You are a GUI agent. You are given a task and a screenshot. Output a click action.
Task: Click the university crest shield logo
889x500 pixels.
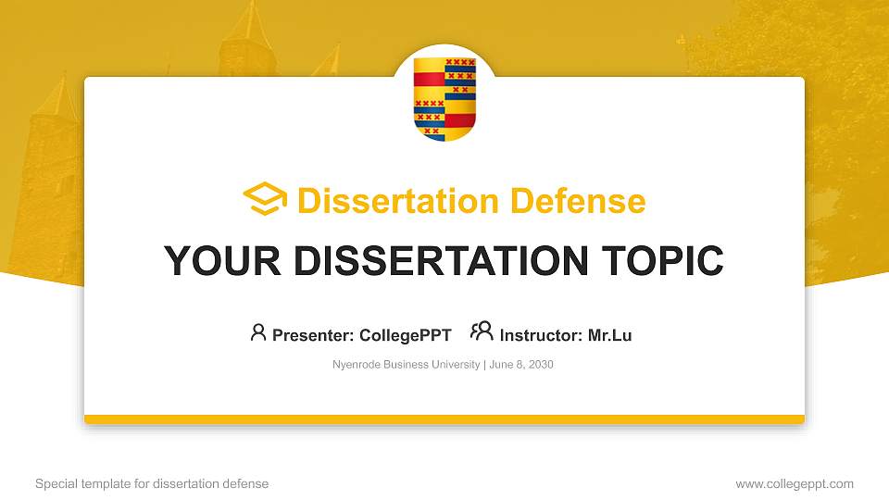[x=444, y=98]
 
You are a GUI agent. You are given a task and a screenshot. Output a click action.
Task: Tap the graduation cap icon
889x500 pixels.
[x=265, y=200]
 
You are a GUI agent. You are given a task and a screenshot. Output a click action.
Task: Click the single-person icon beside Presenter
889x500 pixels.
[x=258, y=332]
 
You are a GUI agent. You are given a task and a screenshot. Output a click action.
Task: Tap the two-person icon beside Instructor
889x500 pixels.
[x=482, y=332]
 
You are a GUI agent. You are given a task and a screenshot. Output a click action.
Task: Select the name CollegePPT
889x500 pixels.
[x=405, y=335]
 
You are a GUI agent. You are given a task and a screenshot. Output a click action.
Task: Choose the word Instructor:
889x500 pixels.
[x=541, y=335]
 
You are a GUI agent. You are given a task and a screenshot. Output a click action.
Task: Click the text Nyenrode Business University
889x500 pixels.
[x=406, y=365]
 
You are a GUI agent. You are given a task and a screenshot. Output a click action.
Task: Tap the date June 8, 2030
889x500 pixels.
[x=520, y=365]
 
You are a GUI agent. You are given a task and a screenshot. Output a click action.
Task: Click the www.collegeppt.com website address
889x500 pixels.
[x=794, y=483]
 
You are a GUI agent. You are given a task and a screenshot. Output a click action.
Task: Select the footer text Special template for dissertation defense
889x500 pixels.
[x=152, y=483]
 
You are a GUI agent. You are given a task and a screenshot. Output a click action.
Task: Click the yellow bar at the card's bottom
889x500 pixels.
[x=444, y=419]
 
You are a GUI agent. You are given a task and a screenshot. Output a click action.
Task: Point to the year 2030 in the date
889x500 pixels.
[x=540, y=365]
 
